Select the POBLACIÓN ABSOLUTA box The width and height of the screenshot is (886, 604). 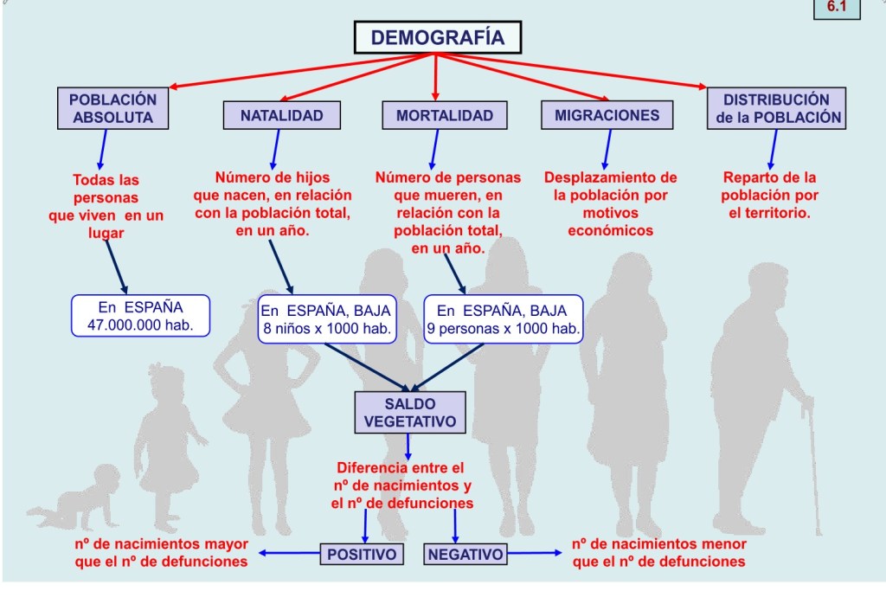113,108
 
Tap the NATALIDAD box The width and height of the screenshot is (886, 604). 281,115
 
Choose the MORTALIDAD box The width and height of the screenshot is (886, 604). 445,115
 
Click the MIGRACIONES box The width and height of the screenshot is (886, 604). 607,114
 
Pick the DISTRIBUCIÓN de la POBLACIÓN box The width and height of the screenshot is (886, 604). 776,108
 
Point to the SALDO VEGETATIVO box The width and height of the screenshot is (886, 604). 411,412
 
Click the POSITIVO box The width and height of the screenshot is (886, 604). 363,554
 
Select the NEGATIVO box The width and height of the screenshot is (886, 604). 465,554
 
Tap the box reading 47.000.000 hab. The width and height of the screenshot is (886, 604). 140,316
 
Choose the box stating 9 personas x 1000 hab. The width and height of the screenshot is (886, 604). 503,318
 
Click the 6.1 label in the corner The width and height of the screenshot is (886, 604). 837,8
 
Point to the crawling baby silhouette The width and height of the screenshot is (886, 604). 70,511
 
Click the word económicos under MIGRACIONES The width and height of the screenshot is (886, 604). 610,231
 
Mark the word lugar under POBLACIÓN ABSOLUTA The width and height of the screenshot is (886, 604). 106,233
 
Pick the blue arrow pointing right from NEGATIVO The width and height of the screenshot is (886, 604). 533,553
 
